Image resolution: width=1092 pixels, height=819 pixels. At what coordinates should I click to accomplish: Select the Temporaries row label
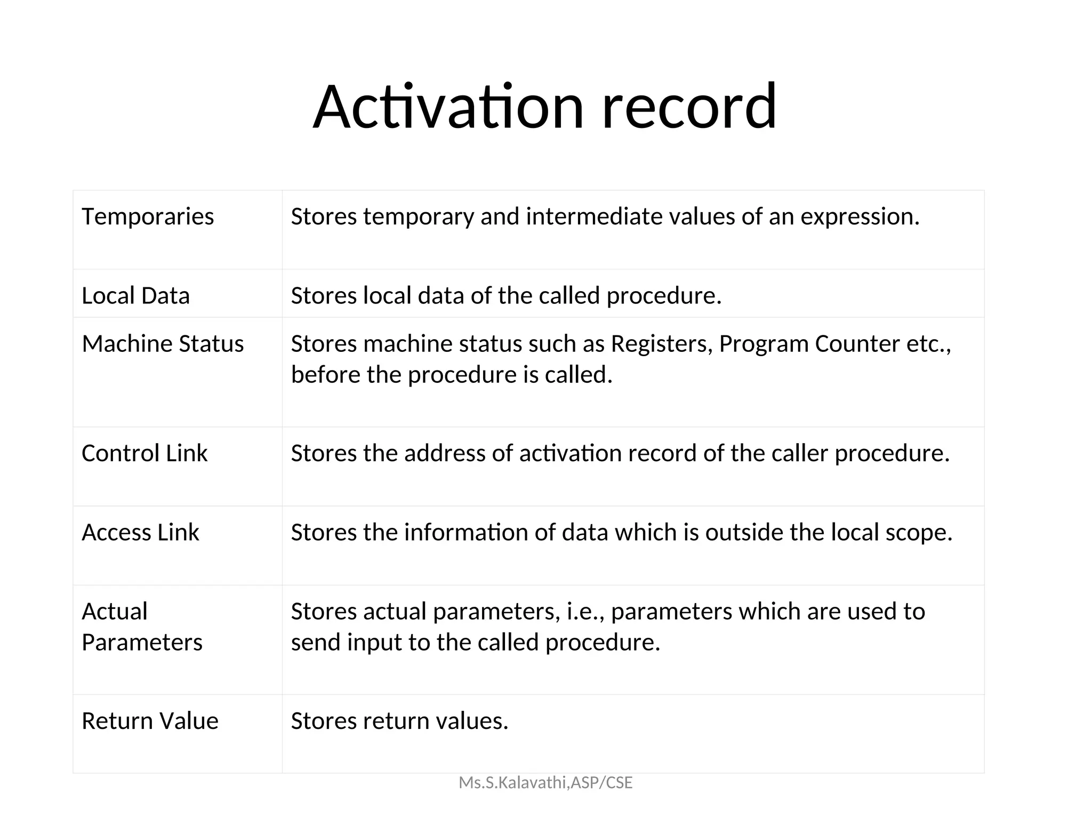click(148, 217)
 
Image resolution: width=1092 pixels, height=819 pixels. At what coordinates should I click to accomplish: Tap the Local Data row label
click(135, 296)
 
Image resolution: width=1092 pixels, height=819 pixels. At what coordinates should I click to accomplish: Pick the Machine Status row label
click(163, 344)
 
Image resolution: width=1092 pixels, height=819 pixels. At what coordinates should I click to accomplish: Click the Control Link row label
click(144, 454)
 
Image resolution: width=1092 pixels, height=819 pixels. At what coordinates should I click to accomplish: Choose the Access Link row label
click(140, 533)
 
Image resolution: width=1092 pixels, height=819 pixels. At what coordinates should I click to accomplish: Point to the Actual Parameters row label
click(142, 627)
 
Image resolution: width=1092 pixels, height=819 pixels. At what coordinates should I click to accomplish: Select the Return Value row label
click(150, 721)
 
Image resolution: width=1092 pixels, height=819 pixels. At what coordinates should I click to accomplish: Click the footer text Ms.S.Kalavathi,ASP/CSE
click(545, 783)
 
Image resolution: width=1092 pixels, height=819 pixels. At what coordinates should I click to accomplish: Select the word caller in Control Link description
click(800, 454)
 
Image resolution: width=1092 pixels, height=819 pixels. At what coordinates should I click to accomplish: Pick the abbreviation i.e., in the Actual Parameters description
click(585, 612)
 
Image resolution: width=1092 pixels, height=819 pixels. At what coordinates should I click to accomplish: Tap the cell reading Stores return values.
click(399, 721)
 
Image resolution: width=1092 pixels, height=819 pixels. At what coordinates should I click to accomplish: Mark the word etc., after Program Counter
click(929, 344)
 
